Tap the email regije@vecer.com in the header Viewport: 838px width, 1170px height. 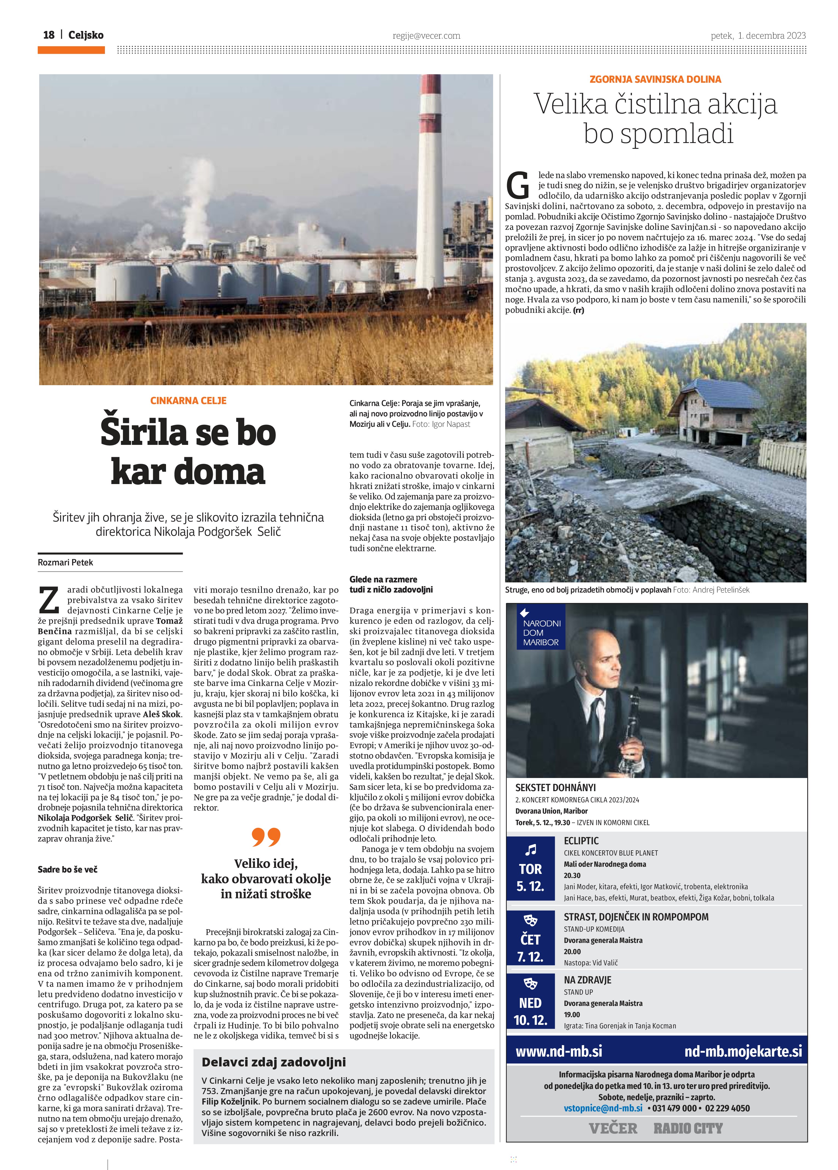426,36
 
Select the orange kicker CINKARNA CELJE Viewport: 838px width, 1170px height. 188,400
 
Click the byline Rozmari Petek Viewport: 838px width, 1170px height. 65,562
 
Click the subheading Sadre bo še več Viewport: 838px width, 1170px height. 68,869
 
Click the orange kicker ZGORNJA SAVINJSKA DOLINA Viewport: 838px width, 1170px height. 655,79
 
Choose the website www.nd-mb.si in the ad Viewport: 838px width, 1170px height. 559,1051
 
